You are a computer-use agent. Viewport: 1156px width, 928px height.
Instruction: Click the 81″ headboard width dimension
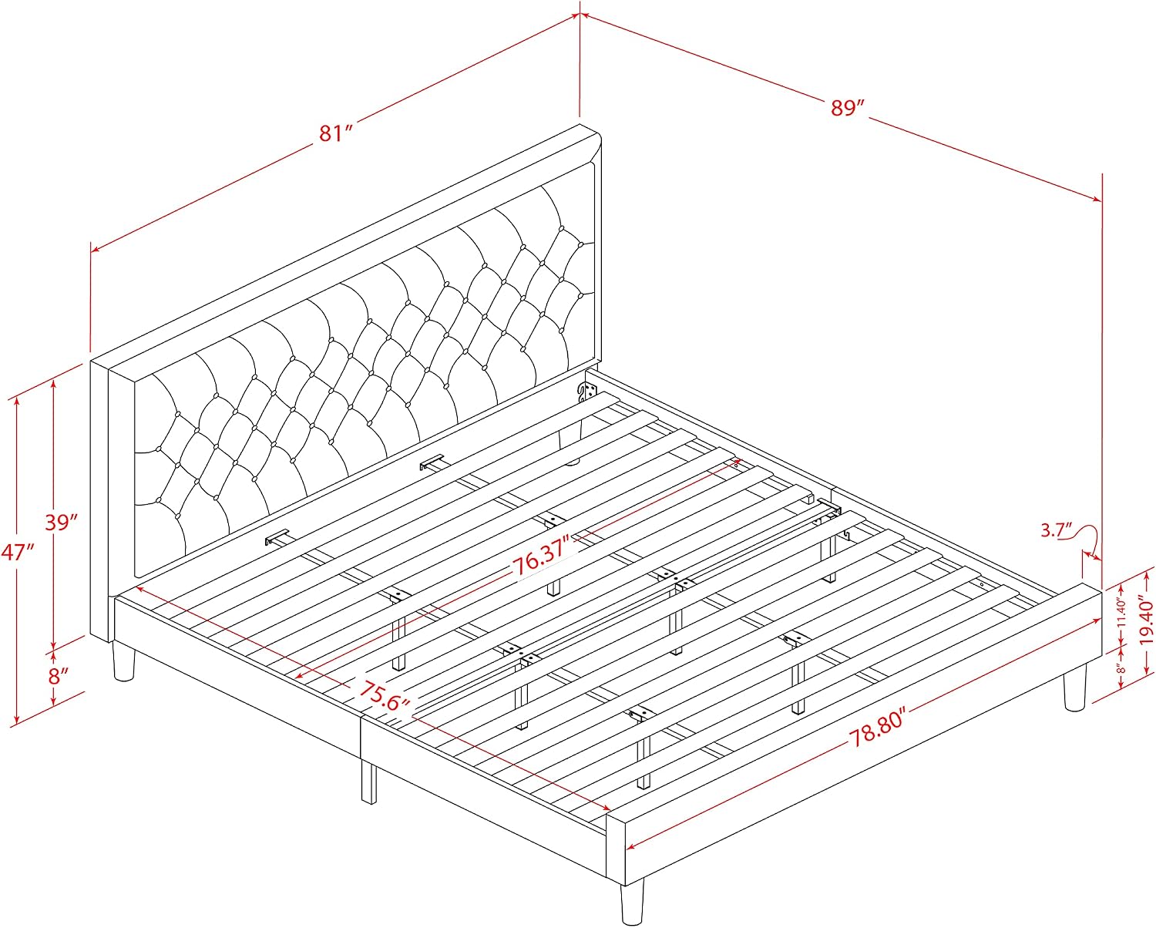336,133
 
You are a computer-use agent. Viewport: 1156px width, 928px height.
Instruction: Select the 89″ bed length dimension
847,107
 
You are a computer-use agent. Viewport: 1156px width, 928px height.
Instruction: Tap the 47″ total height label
18,551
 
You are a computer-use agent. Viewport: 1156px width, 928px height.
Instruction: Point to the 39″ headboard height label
61,521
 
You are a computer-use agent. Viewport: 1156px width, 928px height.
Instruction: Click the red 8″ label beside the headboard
58,675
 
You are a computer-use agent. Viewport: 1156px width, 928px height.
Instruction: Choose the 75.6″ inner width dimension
384,696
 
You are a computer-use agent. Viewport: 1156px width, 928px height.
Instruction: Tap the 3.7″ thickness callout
1057,530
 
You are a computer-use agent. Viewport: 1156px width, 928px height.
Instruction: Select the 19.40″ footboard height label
1145,622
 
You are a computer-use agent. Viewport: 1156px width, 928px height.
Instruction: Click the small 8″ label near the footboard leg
1121,668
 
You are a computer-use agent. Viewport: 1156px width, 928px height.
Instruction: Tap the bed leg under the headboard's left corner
123,662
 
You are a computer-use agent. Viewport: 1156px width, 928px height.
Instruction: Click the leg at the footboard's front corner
632,903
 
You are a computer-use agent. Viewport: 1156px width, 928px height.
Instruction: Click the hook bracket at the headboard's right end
586,392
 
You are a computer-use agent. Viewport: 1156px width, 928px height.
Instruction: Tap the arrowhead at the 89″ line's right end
1096,200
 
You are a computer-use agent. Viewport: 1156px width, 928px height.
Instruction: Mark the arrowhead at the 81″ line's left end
96,248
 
